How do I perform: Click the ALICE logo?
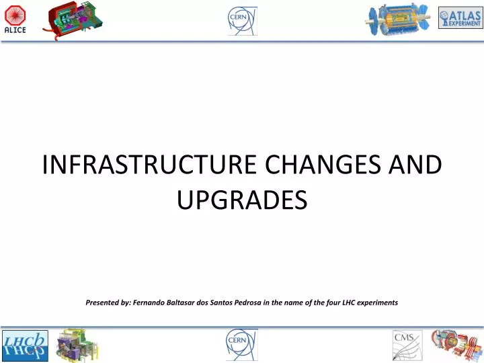coord(15,21)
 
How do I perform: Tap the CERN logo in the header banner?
coord(241,20)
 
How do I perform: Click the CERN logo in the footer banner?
coord(241,345)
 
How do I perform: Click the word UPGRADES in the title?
coord(241,200)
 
